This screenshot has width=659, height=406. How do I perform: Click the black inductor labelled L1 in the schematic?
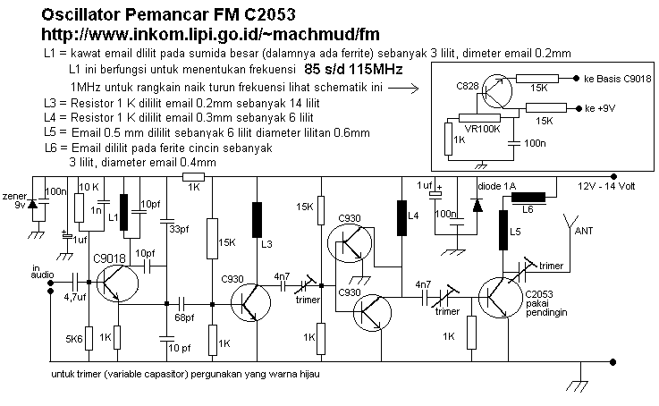coord(125,208)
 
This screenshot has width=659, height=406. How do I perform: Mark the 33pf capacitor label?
coord(179,230)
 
